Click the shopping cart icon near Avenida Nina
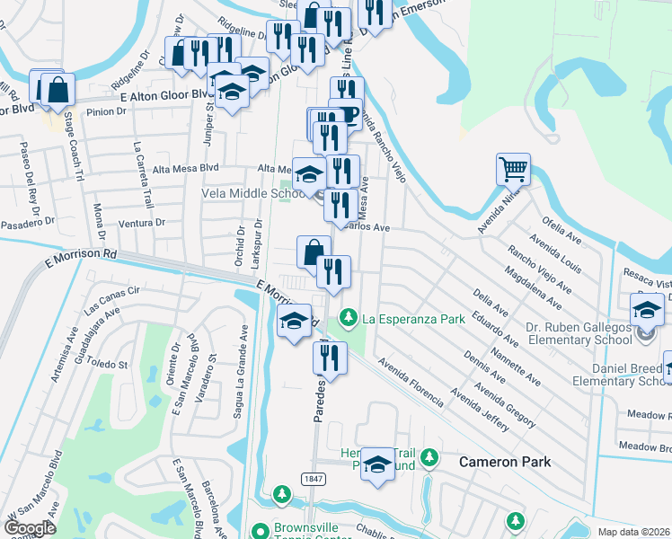[x=513, y=168]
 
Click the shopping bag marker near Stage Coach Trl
[x=57, y=90]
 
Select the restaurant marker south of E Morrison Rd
[x=330, y=358]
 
